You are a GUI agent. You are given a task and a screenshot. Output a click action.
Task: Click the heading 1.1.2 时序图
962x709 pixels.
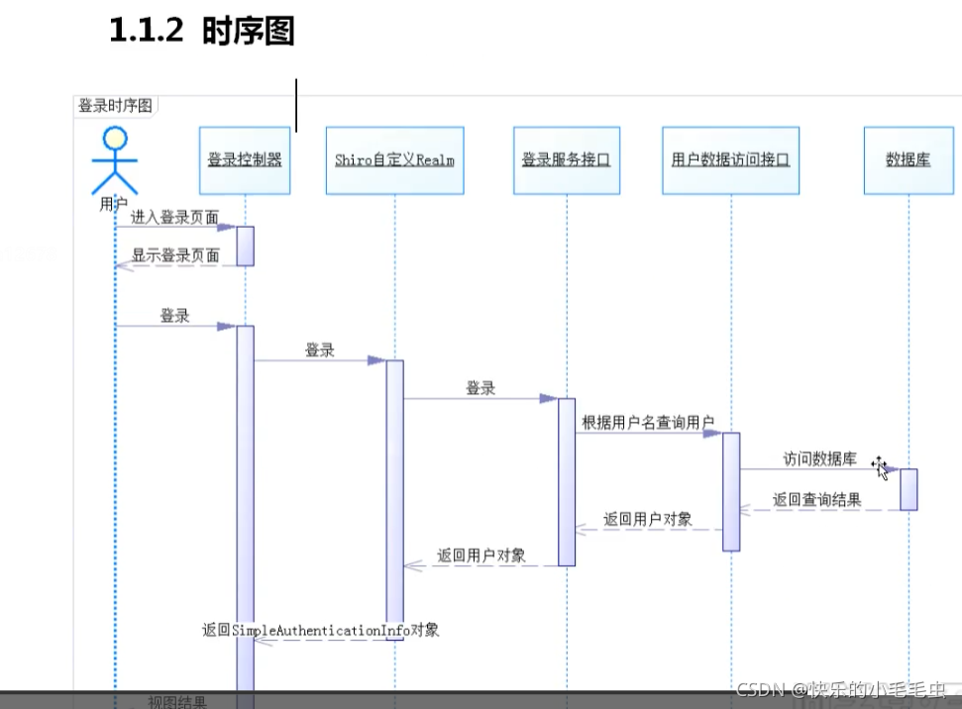(202, 32)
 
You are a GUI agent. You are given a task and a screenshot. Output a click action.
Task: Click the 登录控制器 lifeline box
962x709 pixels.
(245, 159)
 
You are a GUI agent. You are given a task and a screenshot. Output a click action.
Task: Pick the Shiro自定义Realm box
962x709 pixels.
(393, 159)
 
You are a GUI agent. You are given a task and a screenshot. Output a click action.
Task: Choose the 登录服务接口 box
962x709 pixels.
(566, 159)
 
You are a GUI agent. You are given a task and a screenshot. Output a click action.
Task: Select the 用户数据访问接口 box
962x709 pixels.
(730, 159)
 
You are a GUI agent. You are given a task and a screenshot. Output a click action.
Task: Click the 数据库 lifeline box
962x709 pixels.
(908, 159)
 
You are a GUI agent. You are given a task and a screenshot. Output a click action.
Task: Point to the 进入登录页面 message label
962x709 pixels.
(174, 217)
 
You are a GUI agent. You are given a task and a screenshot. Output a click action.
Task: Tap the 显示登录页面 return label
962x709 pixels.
(175, 254)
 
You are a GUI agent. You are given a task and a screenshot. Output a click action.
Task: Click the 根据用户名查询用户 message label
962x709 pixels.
(648, 422)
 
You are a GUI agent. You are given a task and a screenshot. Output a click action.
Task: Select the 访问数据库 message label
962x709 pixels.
(819, 458)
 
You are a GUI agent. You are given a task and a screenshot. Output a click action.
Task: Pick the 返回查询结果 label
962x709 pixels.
(816, 500)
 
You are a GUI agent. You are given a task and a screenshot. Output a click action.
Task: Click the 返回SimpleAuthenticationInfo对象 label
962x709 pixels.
(320, 629)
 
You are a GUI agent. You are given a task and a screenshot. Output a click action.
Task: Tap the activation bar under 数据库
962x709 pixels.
(909, 489)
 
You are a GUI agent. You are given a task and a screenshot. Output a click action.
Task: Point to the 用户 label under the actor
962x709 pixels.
(113, 204)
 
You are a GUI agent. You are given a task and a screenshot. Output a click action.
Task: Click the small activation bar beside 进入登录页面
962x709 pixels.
(245, 246)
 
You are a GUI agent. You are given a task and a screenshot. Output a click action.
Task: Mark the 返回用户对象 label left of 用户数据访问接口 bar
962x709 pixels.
(647, 519)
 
